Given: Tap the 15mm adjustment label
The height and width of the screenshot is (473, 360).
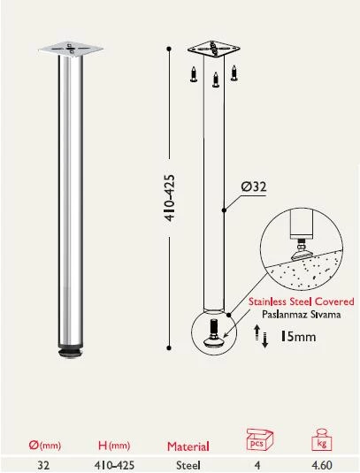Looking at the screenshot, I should pyautogui.click(x=299, y=335).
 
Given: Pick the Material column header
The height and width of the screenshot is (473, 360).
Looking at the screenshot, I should pyautogui.click(x=188, y=446).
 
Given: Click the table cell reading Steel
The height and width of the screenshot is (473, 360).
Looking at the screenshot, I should pyautogui.click(x=188, y=463).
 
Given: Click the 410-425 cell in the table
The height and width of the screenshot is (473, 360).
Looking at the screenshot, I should pyautogui.click(x=115, y=463).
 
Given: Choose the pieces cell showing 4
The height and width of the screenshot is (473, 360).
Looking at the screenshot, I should pyautogui.click(x=258, y=463).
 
